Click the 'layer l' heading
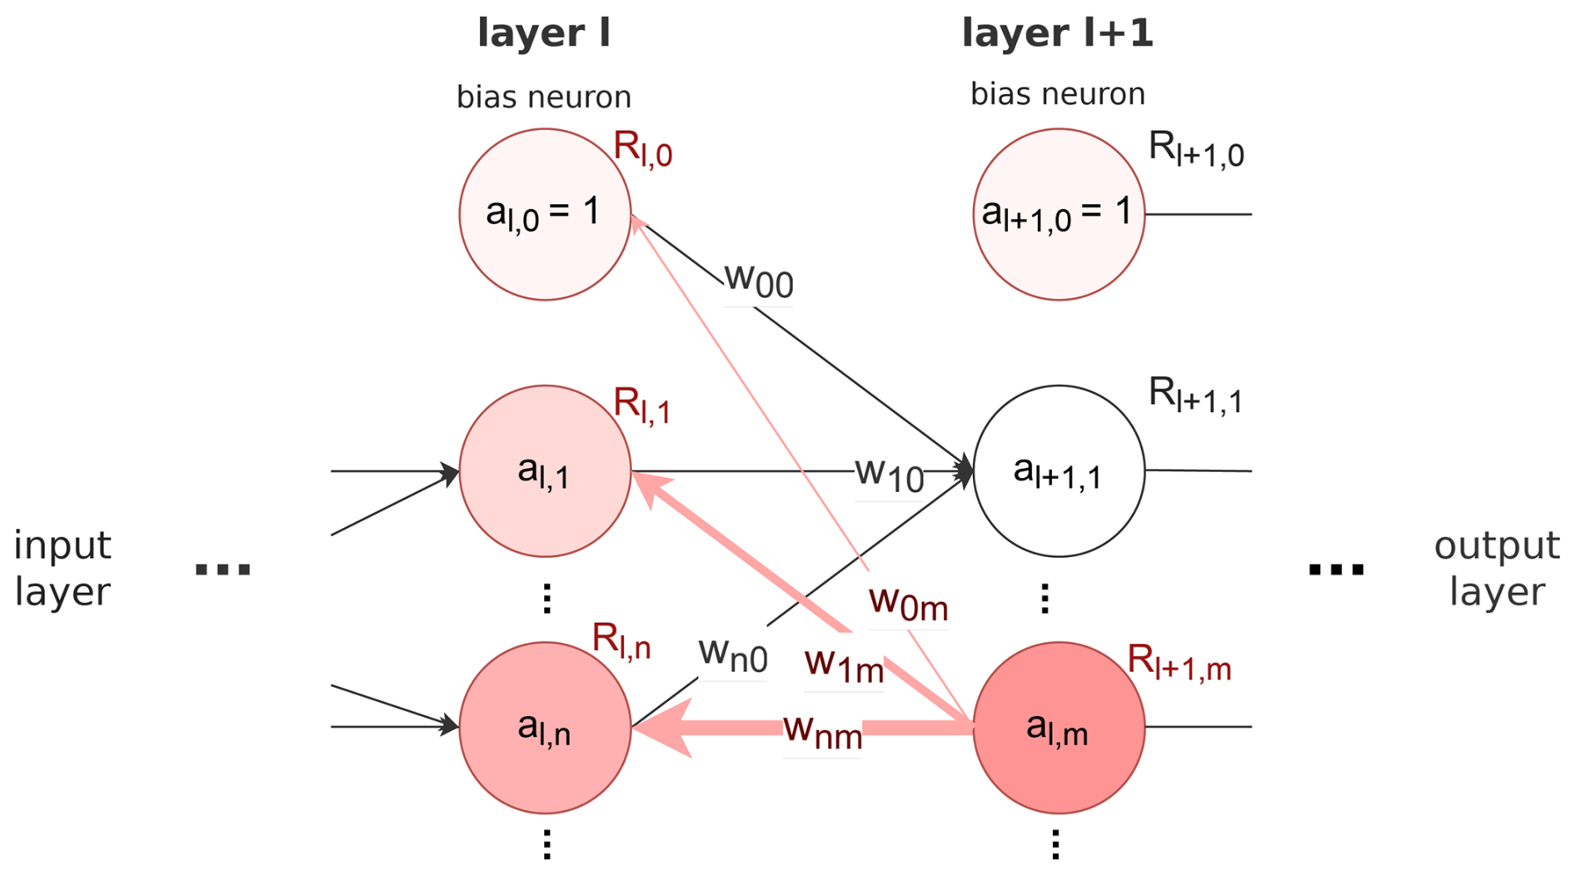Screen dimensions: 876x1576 click(x=544, y=33)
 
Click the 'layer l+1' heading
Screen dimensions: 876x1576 click(x=1057, y=33)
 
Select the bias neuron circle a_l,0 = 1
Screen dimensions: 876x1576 click(x=545, y=214)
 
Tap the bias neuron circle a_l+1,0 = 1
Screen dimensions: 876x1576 click(x=1058, y=214)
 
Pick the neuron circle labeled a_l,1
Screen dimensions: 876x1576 click(x=545, y=470)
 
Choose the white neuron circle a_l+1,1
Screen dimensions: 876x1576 click(x=1058, y=470)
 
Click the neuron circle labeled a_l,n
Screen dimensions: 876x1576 click(x=545, y=727)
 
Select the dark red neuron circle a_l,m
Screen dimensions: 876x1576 click(x=1058, y=727)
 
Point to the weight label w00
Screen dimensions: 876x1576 click(x=759, y=280)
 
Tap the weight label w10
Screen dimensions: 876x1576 click(x=890, y=475)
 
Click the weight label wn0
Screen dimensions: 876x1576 click(x=732, y=655)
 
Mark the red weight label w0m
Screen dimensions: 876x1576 click(x=908, y=603)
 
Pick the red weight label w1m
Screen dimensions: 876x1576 click(x=844, y=664)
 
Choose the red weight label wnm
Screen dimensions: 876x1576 click(x=822, y=731)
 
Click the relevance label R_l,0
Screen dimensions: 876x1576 click(x=642, y=150)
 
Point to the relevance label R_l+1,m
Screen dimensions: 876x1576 click(x=1179, y=664)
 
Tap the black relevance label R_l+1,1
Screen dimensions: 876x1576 click(x=1195, y=395)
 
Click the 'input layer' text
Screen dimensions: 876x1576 click(x=62, y=569)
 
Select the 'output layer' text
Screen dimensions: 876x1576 click(x=1497, y=569)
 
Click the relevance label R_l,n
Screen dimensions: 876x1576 click(x=621, y=642)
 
